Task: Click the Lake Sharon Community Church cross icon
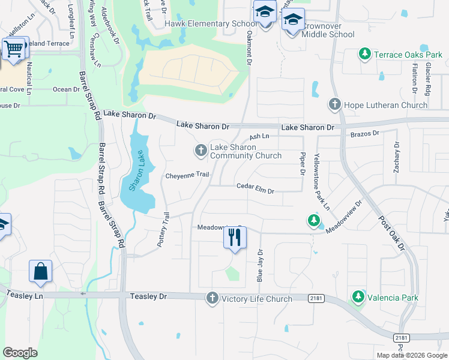200,150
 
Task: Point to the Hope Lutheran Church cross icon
335,105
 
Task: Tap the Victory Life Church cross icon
211,298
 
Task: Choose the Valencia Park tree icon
358,296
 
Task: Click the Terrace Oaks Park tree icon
364,55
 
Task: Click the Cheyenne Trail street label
187,175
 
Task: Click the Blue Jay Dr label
260,265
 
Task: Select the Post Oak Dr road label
392,230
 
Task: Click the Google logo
20,352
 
